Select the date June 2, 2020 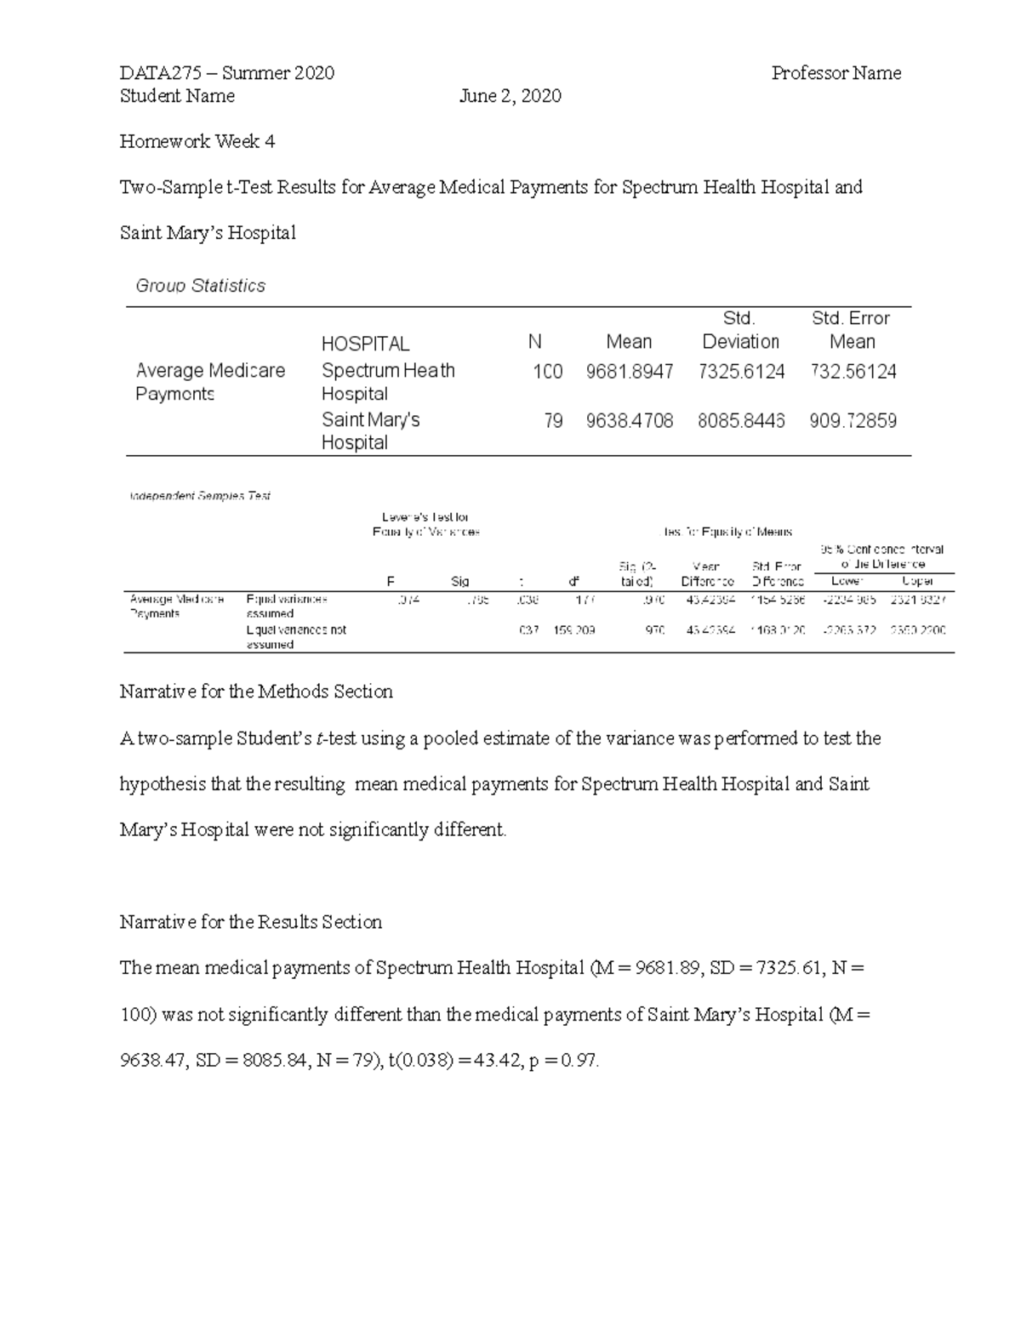510,96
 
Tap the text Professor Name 836,73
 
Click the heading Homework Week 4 197,142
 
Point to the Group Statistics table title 200,286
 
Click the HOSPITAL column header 365,344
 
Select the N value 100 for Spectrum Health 547,372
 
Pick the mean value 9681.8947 629,372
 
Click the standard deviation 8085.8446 740,421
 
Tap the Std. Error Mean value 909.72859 853,421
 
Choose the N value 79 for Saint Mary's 553,421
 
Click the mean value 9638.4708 629,421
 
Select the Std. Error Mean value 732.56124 853,372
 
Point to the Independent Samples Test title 200,496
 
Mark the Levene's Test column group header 425,524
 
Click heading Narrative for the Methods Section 256,692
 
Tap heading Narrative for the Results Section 251,922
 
